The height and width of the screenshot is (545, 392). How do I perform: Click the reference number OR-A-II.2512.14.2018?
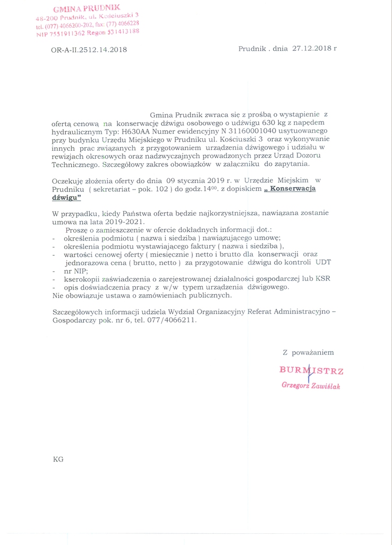click(89, 50)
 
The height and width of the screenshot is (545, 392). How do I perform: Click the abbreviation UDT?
click(323, 262)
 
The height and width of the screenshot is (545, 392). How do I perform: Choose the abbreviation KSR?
click(322, 279)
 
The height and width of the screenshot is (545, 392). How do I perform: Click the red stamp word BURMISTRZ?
click(311, 370)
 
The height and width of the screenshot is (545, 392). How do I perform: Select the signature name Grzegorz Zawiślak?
click(311, 385)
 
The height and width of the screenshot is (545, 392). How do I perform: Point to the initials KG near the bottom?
click(58, 458)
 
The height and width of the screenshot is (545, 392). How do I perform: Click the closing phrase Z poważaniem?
click(308, 352)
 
